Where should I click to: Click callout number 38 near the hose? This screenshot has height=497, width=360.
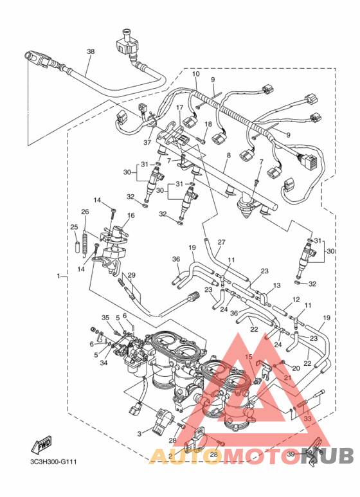[x=90, y=51]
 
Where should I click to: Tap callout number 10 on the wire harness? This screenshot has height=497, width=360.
[x=195, y=74]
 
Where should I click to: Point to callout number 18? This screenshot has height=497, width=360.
[x=208, y=123]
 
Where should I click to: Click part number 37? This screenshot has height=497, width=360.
[x=147, y=142]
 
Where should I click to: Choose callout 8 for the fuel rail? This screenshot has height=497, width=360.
[x=227, y=156]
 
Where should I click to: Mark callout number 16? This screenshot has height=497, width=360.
[x=130, y=216]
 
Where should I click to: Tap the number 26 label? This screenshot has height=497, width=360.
[x=85, y=212]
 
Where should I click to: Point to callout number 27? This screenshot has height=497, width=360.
[x=221, y=242]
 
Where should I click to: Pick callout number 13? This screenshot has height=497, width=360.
[x=278, y=285]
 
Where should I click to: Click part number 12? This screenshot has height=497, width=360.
[x=296, y=300]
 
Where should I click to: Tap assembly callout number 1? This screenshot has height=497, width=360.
[x=59, y=276]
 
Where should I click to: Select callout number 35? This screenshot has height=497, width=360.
[x=106, y=318]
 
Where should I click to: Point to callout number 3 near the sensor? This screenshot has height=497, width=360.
[x=138, y=434]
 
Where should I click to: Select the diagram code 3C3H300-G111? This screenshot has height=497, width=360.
[x=50, y=462]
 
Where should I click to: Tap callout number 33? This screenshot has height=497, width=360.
[x=307, y=419]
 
